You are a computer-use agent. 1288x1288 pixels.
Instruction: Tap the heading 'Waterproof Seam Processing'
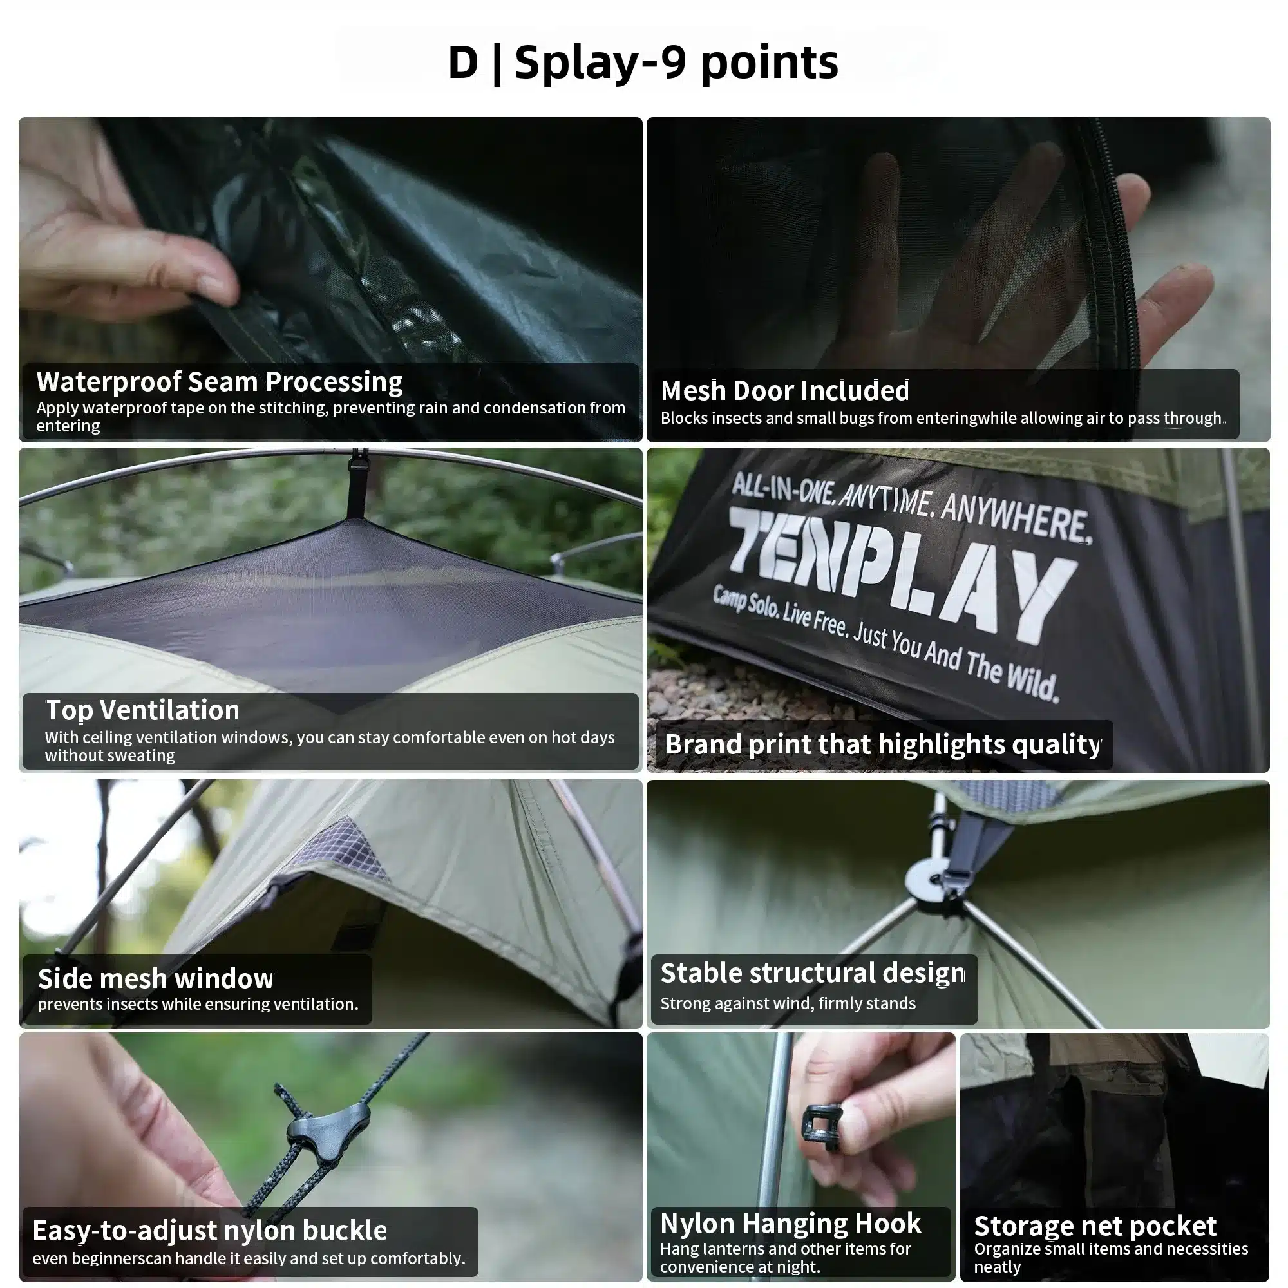220,382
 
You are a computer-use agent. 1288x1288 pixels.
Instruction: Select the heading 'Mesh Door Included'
784,391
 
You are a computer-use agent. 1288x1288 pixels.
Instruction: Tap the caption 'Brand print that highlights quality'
883,744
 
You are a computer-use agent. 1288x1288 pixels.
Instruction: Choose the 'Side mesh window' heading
155,979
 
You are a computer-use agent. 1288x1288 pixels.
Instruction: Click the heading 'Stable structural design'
812,973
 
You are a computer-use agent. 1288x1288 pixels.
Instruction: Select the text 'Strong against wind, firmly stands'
788,1003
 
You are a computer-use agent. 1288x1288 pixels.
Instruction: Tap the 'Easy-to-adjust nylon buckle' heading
209,1231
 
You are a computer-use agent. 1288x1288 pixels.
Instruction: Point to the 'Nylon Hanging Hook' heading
791,1224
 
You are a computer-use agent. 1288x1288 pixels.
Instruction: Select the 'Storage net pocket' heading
1095,1226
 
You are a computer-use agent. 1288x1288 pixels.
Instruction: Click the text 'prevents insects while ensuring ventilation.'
198,1004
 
